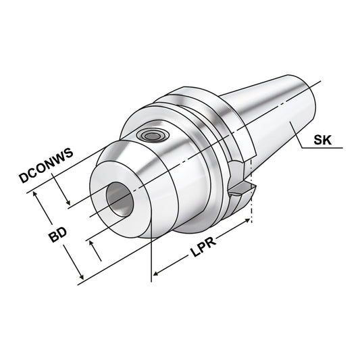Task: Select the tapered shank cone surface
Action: click(x=270, y=115)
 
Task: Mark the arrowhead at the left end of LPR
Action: click(x=157, y=274)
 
